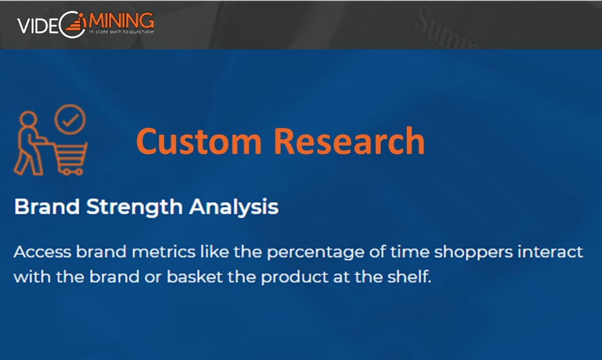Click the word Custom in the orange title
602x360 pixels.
click(199, 141)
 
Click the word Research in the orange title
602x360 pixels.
click(349, 141)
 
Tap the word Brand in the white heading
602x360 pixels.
click(47, 207)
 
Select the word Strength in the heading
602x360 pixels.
click(135, 208)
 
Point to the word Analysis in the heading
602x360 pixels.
click(233, 208)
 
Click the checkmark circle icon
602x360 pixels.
click(70, 119)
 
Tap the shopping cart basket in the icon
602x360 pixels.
click(70, 157)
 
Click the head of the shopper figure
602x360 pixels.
click(29, 119)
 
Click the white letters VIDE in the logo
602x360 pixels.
click(38, 26)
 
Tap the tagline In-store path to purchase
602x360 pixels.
click(121, 32)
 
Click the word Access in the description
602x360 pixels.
click(43, 252)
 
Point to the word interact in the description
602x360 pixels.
click(550, 252)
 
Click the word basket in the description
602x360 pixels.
click(194, 277)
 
